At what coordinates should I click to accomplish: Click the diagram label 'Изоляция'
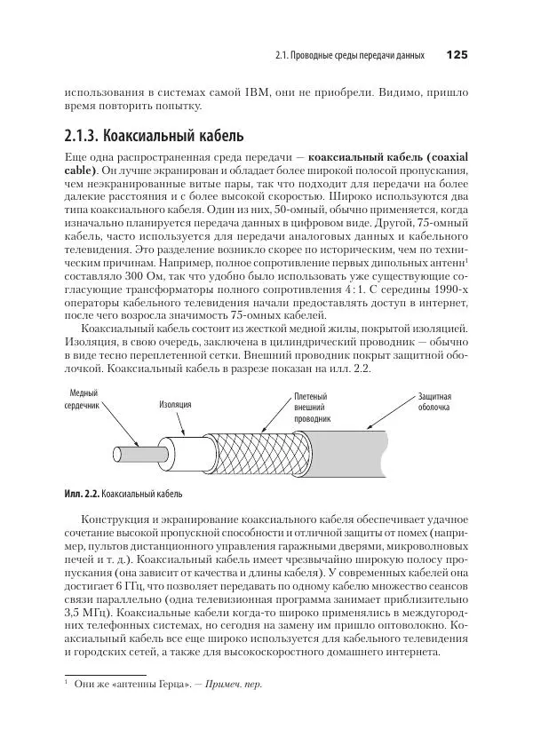(175, 404)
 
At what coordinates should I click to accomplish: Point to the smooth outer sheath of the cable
(355, 444)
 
